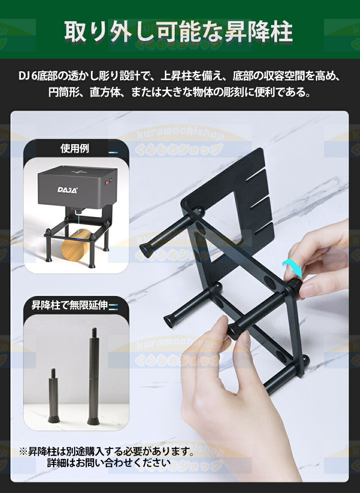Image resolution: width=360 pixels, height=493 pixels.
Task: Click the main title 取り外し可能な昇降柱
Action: click(x=178, y=32)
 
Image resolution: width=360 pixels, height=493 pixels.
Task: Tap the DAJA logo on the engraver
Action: click(x=67, y=190)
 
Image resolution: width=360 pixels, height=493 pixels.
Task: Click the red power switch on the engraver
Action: click(x=108, y=182)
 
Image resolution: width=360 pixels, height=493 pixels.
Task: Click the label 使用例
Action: click(x=75, y=149)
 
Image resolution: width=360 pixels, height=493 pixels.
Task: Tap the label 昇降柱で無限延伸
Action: click(x=70, y=306)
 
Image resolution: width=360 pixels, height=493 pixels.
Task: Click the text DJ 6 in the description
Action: click(x=27, y=76)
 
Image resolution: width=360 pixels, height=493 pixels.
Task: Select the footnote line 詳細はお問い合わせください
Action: click(x=109, y=463)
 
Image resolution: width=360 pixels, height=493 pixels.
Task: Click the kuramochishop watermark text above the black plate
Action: click(x=180, y=135)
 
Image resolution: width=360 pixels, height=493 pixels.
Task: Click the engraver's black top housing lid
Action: click(x=78, y=171)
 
